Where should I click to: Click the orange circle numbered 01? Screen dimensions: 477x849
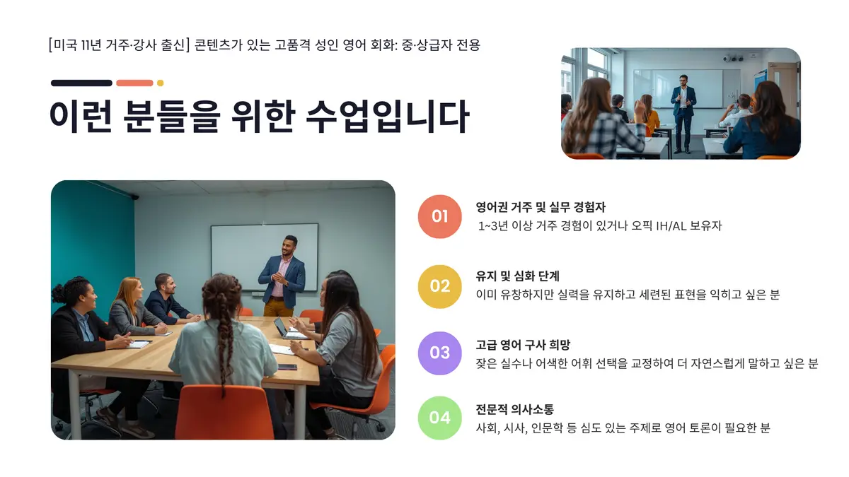(439, 216)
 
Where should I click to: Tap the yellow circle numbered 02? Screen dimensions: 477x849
(439, 285)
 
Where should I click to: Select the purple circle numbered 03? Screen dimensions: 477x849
(439, 352)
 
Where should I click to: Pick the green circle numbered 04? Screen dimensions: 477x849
(439, 418)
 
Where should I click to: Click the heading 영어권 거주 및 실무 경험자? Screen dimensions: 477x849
(541, 207)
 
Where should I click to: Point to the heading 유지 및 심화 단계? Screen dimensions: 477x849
(518, 276)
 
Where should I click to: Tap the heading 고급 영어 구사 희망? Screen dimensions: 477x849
(523, 345)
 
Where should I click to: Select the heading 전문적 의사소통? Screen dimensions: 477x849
(514, 409)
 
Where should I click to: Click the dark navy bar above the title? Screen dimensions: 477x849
(81, 83)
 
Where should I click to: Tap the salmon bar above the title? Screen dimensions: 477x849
(134, 83)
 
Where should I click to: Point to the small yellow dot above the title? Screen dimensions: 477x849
(160, 83)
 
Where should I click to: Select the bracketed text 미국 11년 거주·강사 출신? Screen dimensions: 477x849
(118, 45)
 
